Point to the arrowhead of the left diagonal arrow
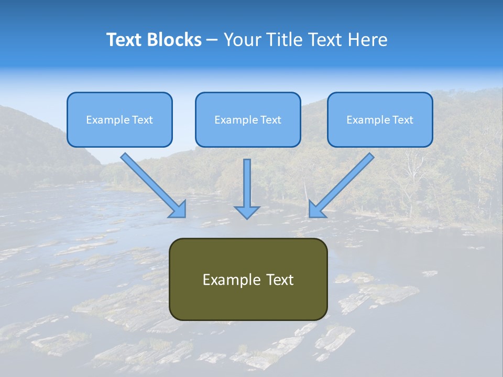179,210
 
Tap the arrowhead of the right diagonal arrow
315,210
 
